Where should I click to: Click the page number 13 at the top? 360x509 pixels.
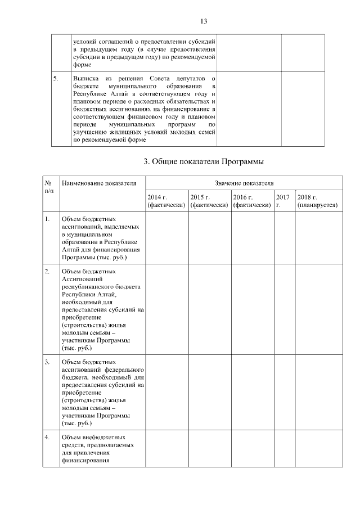click(204, 21)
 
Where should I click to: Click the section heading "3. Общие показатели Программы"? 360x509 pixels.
click(204, 162)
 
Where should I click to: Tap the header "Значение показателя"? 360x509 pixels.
click(244, 183)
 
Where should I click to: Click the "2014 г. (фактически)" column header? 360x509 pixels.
click(166, 201)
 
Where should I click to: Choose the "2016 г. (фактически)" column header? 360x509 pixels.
click(253, 201)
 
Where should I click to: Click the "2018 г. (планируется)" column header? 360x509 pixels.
click(317, 201)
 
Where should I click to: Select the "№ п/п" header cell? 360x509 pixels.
click(49, 187)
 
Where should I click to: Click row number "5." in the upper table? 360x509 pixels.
click(56, 76)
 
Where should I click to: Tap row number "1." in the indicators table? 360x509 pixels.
click(48, 218)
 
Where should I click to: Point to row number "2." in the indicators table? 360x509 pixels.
click(48, 272)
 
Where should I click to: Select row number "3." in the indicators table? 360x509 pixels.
click(48, 362)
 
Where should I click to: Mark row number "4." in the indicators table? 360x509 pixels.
click(48, 437)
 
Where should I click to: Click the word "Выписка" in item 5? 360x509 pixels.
click(86, 76)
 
